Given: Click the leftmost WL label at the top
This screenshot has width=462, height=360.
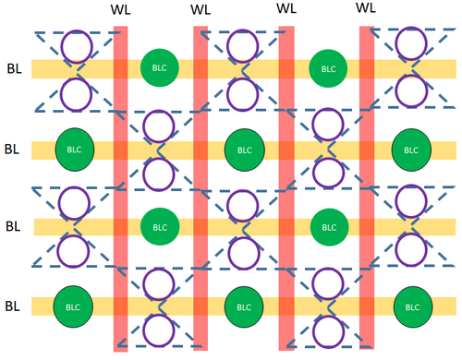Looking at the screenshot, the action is point(120,9).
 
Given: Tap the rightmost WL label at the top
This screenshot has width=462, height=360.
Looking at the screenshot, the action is point(366,7).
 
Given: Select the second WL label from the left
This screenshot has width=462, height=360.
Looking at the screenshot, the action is point(201,9).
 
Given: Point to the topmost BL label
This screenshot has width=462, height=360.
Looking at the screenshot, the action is point(14,68).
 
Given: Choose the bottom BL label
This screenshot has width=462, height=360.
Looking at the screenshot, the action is point(12,306).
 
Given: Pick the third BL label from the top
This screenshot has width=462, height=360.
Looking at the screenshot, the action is point(13,226).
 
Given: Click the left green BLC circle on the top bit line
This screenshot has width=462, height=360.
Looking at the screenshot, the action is point(160,67).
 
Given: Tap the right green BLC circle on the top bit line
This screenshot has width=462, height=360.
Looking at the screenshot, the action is point(328,68).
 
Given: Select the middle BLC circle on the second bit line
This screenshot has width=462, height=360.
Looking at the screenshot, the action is point(245,150).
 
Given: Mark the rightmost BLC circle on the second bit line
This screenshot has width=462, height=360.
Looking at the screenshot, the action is point(411,150).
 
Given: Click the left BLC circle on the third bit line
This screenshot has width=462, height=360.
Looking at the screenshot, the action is point(160,227).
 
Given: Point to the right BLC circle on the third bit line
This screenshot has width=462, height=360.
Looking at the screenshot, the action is point(329,227).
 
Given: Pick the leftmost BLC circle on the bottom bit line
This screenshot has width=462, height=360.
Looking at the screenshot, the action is point(73,306).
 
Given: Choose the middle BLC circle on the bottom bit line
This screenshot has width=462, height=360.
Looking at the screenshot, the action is point(244,307).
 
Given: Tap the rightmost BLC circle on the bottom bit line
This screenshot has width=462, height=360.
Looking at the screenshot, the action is point(413,307).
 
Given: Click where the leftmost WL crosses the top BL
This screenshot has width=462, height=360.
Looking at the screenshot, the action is point(120,69).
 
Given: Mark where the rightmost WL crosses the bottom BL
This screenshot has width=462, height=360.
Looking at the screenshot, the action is point(367,306).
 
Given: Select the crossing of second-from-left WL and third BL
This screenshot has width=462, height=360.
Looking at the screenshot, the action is point(201,227).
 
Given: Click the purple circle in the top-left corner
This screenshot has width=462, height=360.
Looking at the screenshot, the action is point(77,47).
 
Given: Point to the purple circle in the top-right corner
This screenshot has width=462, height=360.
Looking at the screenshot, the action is point(411,43).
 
